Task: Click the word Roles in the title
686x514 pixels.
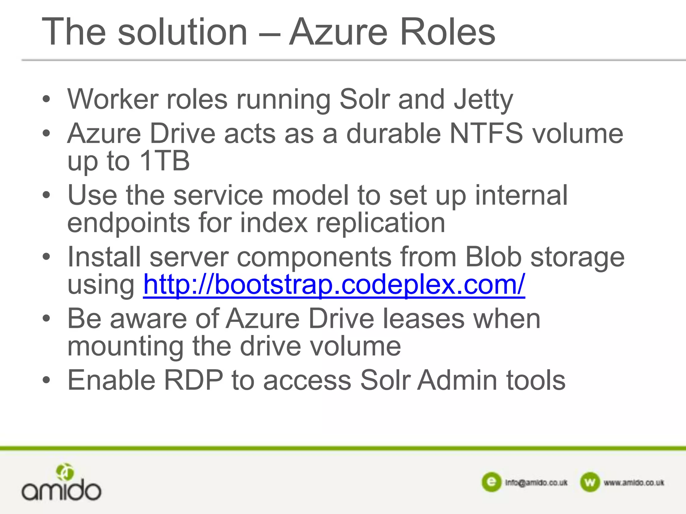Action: [448, 32]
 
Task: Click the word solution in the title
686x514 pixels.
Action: [183, 32]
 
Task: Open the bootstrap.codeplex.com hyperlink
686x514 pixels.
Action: [334, 284]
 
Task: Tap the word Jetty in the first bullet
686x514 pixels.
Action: [483, 100]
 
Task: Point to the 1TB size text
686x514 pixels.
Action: [164, 161]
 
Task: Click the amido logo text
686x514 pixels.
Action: [61, 491]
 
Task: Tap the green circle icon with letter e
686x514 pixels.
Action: [491, 482]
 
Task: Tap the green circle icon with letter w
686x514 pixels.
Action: [590, 482]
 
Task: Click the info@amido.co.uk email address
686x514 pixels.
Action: [536, 483]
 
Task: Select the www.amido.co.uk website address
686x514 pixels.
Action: [634, 483]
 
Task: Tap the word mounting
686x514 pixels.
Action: [126, 347]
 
